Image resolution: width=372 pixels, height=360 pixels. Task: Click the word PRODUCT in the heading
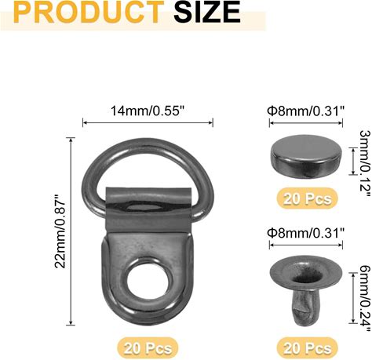tap(89, 12)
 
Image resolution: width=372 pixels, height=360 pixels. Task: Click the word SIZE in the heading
tap(207, 12)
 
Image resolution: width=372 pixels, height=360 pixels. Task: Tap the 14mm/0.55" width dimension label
tap(148, 111)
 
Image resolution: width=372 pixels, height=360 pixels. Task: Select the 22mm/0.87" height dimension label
tap(60, 231)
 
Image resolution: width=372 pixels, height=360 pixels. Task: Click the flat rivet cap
tap(306, 156)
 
